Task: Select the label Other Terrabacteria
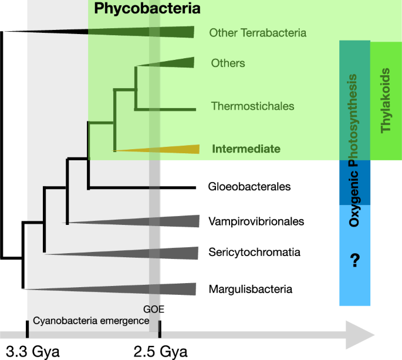click(x=258, y=33)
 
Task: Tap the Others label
click(x=228, y=63)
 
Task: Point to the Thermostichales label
click(x=252, y=106)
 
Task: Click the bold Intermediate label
click(x=246, y=149)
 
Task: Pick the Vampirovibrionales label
click(x=256, y=221)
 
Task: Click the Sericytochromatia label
click(x=255, y=253)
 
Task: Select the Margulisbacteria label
click(x=251, y=289)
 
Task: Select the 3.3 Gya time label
click(x=33, y=352)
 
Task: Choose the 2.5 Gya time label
click(x=160, y=352)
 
